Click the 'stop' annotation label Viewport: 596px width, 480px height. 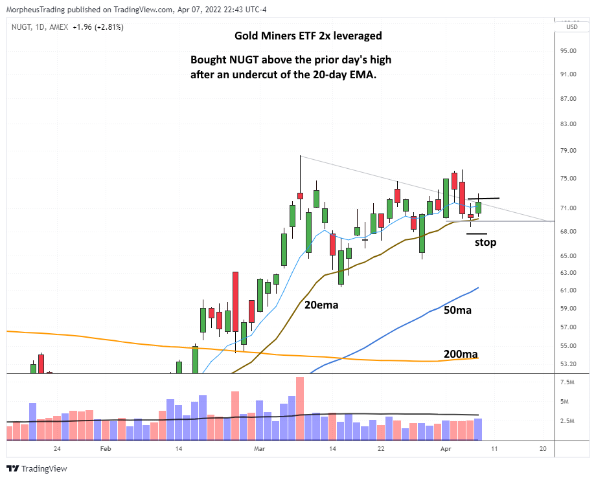click(x=485, y=243)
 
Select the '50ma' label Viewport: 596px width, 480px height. click(x=457, y=311)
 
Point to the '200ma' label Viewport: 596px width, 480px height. click(x=461, y=354)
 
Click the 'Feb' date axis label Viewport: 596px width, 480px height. click(x=106, y=448)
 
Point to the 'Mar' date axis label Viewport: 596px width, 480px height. click(x=260, y=448)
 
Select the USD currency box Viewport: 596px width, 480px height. click(x=572, y=27)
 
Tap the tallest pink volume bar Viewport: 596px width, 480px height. click(x=300, y=408)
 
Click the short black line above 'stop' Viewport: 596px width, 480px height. click(x=476, y=234)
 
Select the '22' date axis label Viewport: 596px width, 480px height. click(x=381, y=448)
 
